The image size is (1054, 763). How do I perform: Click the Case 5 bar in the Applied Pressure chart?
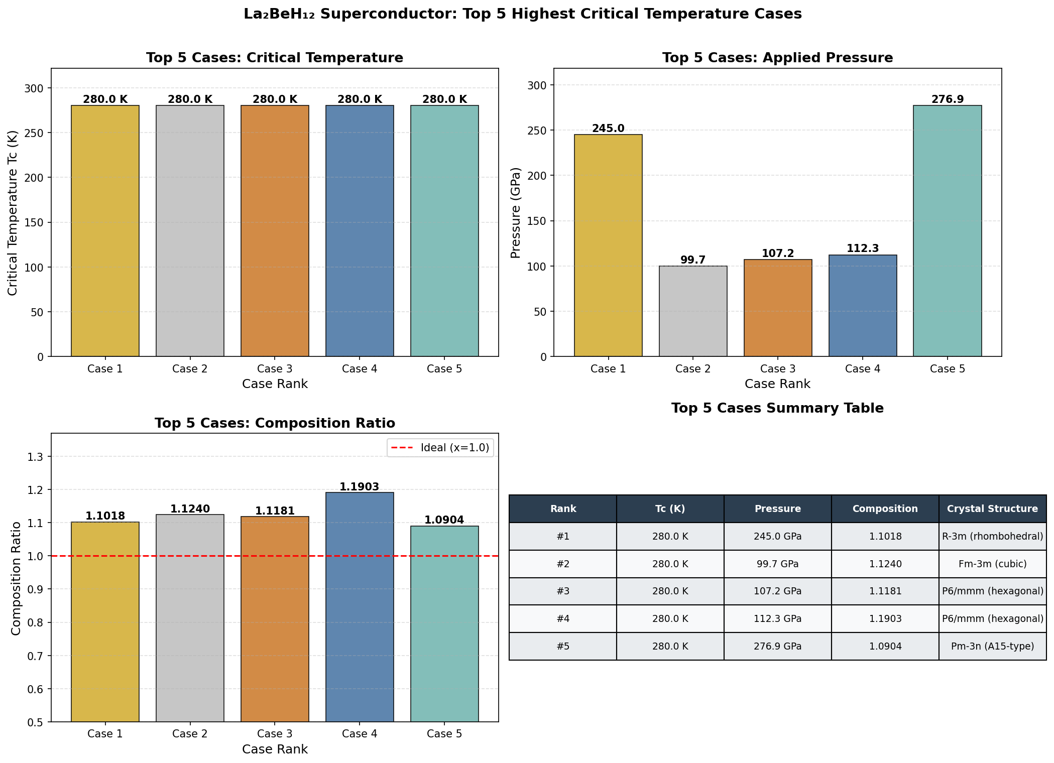(x=947, y=231)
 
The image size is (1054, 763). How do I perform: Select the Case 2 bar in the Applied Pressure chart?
(x=692, y=311)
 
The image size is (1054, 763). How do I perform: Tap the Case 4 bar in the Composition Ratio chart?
(x=360, y=607)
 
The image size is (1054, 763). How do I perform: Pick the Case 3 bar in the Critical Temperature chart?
(x=275, y=231)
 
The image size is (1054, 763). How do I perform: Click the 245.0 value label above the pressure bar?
(x=608, y=129)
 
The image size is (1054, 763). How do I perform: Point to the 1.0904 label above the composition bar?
(x=444, y=520)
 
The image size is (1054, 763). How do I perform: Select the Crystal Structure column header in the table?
(x=992, y=509)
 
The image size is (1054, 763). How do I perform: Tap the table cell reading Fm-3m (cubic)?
(x=992, y=564)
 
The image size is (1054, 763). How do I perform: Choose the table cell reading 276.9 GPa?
(x=777, y=646)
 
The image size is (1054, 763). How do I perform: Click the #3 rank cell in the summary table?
(x=563, y=591)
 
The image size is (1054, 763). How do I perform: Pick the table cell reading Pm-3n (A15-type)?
(x=992, y=646)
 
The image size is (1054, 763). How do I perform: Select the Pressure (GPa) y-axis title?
(x=516, y=213)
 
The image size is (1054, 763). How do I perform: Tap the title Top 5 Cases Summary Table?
(x=777, y=408)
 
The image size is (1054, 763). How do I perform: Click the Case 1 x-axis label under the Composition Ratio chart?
(x=105, y=734)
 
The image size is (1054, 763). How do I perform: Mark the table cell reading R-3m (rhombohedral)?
(x=992, y=537)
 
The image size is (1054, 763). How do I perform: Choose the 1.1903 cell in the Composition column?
(x=885, y=619)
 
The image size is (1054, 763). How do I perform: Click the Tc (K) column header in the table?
(x=670, y=509)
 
